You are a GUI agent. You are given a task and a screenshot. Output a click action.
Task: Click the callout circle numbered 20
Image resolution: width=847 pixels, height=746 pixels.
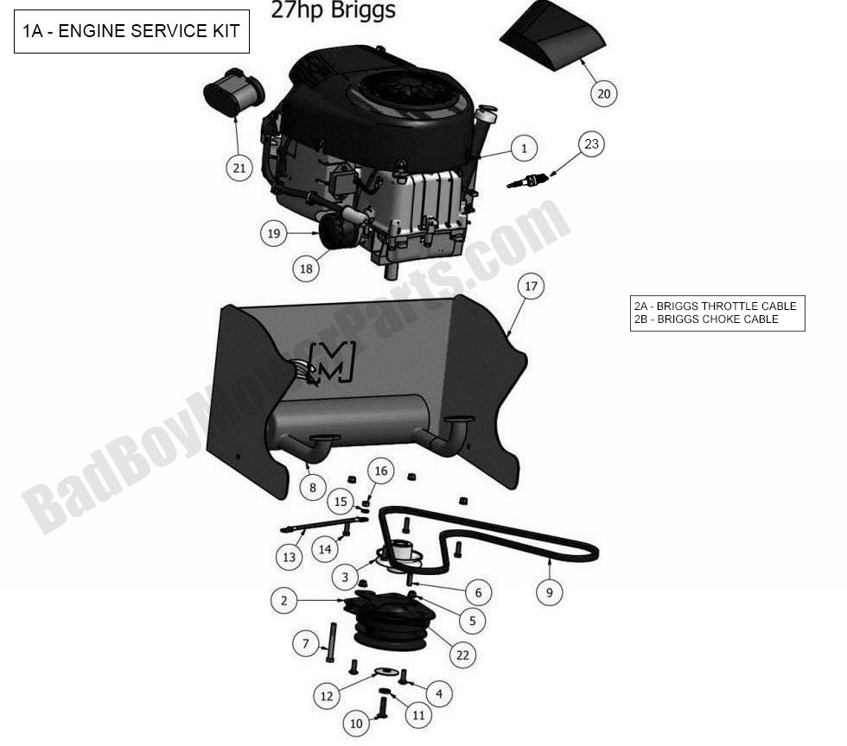point(604,93)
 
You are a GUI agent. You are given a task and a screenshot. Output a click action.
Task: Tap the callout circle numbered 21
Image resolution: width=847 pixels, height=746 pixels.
point(239,168)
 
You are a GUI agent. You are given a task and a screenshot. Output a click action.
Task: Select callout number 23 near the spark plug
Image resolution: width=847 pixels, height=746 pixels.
point(591,144)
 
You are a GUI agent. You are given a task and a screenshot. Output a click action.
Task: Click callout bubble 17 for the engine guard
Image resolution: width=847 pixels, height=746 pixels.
point(531,286)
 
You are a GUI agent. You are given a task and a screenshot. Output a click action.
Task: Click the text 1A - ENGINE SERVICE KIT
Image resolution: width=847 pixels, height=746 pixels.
point(131,32)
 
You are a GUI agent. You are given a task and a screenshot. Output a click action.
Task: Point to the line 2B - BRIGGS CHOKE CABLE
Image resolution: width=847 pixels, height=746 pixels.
point(706,319)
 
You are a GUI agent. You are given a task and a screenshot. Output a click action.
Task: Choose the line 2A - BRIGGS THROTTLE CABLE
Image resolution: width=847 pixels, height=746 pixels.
point(715,306)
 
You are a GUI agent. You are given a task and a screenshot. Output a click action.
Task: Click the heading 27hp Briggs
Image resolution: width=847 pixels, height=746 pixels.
point(334,10)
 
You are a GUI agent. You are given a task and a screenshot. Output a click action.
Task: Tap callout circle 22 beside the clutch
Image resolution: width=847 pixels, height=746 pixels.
point(462,655)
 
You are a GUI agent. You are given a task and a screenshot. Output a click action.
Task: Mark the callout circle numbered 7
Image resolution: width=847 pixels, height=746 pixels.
point(305,643)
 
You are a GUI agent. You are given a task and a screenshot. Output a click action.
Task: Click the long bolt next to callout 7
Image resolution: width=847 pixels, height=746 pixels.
point(330,644)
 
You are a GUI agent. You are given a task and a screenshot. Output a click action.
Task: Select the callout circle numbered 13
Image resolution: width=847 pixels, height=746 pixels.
point(289,557)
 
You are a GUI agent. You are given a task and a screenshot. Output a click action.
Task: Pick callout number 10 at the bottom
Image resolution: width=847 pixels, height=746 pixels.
point(357,724)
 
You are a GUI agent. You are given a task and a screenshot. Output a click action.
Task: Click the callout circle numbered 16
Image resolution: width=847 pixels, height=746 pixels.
point(381,471)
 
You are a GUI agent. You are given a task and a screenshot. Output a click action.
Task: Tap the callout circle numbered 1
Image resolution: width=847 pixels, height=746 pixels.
point(524,149)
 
